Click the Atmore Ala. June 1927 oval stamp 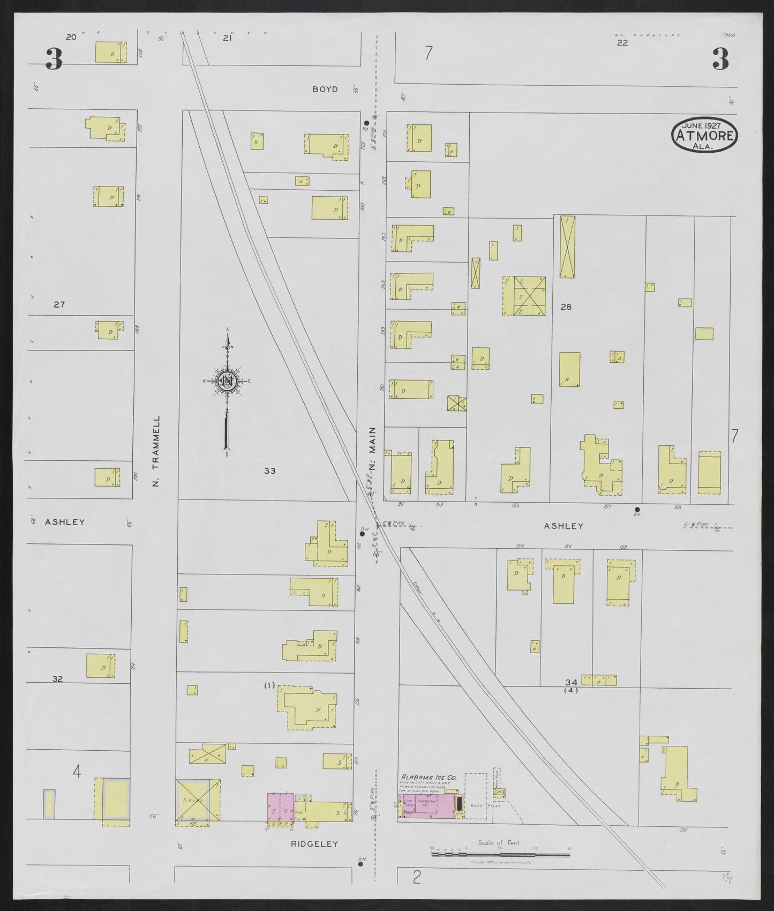click(704, 134)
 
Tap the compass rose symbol click(228, 381)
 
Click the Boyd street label click(325, 89)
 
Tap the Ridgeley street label click(314, 843)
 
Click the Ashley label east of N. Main click(563, 526)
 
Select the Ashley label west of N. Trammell click(65, 521)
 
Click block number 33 click(269, 471)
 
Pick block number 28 click(566, 307)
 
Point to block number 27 click(59, 304)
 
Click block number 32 click(57, 678)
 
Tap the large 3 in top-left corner click(53, 59)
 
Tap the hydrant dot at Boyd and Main click(366, 123)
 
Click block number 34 click(571, 682)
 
